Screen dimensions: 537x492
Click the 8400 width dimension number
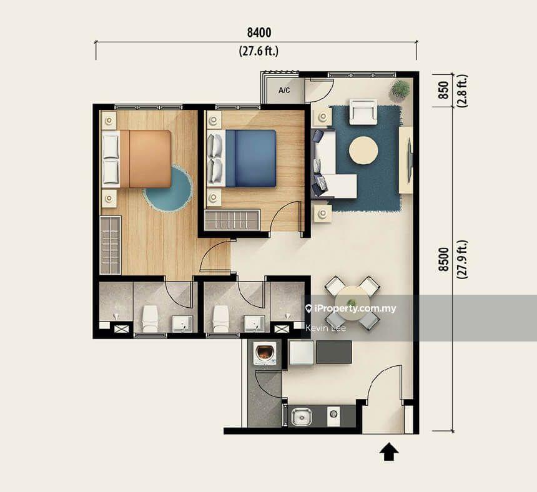(x=259, y=32)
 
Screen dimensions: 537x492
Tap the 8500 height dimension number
(x=443, y=260)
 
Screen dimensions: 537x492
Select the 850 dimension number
(x=443, y=90)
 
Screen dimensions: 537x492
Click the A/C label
(x=284, y=91)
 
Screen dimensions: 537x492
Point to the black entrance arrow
(x=389, y=451)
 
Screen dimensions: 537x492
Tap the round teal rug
(x=168, y=189)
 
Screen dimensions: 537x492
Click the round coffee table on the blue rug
(x=363, y=150)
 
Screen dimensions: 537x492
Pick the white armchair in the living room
(x=363, y=112)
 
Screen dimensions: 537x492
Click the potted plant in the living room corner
(x=400, y=89)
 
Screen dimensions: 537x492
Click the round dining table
(x=352, y=303)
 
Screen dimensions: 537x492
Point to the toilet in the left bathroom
(x=150, y=319)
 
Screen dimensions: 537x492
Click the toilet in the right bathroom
(x=221, y=319)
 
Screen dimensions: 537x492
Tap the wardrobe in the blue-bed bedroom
(x=232, y=220)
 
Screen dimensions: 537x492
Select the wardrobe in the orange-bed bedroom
(x=110, y=245)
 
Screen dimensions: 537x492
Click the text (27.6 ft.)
(x=259, y=51)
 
